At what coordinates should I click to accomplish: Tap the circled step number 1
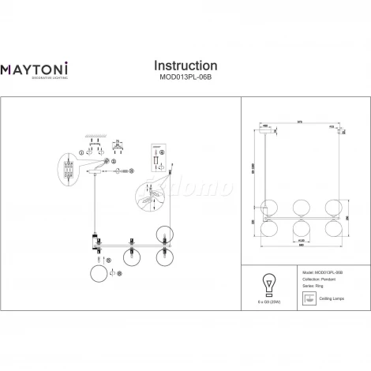click(x=82, y=152)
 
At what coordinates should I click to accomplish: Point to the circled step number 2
click(x=114, y=161)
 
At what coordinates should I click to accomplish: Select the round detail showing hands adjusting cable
click(x=152, y=197)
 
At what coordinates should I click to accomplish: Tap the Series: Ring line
click(x=313, y=286)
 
